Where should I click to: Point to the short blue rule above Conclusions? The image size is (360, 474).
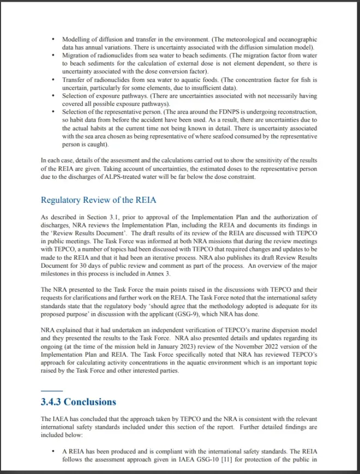pos(52,390)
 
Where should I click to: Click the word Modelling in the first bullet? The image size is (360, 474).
pos(76,40)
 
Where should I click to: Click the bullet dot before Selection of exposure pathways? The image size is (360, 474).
pos(53,96)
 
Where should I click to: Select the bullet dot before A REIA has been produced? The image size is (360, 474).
pos(53,451)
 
